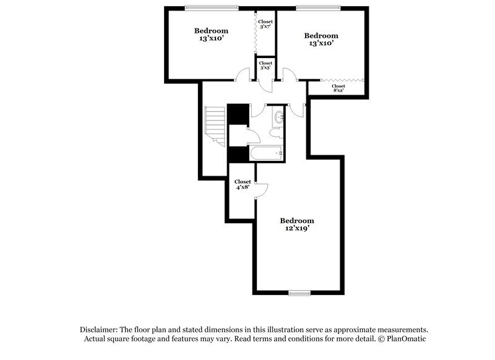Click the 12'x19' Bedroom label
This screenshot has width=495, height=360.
pyautogui.click(x=297, y=225)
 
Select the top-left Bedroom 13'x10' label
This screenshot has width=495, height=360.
pyautogui.click(x=211, y=35)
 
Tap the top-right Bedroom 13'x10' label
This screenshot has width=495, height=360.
pyautogui.click(x=322, y=40)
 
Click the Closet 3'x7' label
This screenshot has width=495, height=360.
pyautogui.click(x=265, y=24)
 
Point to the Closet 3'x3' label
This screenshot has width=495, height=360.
pyautogui.click(x=265, y=65)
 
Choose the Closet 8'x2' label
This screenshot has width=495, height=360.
pyautogui.click(x=338, y=88)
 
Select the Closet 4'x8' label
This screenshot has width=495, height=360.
pyautogui.click(x=243, y=184)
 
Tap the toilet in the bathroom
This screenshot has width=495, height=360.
pyautogui.click(x=277, y=133)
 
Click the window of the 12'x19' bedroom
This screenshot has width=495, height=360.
pyautogui.click(x=299, y=293)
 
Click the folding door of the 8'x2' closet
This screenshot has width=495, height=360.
pyautogui.click(x=343, y=80)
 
